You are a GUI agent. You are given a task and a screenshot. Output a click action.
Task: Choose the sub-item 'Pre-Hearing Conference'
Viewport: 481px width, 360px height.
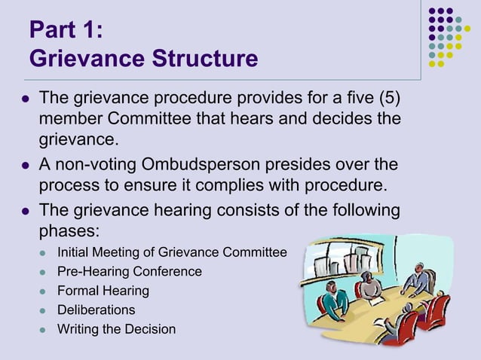(x=130, y=271)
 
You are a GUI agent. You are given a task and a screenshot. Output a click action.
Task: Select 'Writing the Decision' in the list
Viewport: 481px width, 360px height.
(x=117, y=329)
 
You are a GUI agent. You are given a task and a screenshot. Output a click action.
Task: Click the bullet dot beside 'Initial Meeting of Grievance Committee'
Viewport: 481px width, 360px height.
(x=44, y=252)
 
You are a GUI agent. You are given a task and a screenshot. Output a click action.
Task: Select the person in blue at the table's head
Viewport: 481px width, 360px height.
(x=419, y=281)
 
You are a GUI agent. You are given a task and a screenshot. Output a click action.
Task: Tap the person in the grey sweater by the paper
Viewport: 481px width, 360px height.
(x=367, y=286)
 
